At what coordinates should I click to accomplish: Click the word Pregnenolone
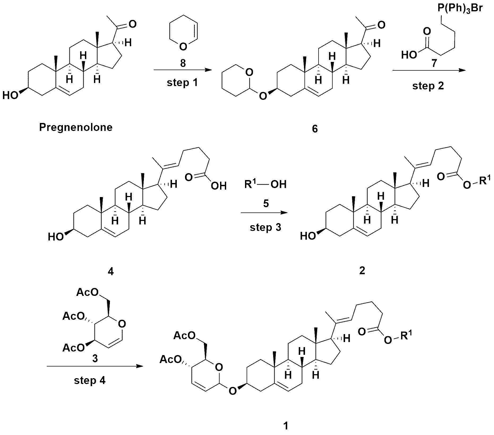(x=76, y=127)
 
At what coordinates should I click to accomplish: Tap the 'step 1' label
(x=182, y=83)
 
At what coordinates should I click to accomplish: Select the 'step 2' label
(x=428, y=86)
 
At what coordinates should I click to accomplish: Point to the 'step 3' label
(x=265, y=227)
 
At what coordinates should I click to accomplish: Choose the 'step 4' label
(x=90, y=381)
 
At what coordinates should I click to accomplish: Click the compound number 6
(x=315, y=129)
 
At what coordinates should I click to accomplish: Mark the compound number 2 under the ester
(x=362, y=270)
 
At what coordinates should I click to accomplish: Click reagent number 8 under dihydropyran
(x=183, y=63)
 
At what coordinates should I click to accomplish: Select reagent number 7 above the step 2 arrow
(x=434, y=64)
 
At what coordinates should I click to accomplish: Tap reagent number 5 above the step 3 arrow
(x=266, y=203)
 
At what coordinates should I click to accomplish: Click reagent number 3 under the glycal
(x=95, y=359)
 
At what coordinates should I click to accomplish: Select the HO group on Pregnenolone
(x=10, y=95)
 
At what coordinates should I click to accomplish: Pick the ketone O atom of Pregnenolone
(x=132, y=24)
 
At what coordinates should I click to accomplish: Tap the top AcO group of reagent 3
(x=87, y=292)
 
